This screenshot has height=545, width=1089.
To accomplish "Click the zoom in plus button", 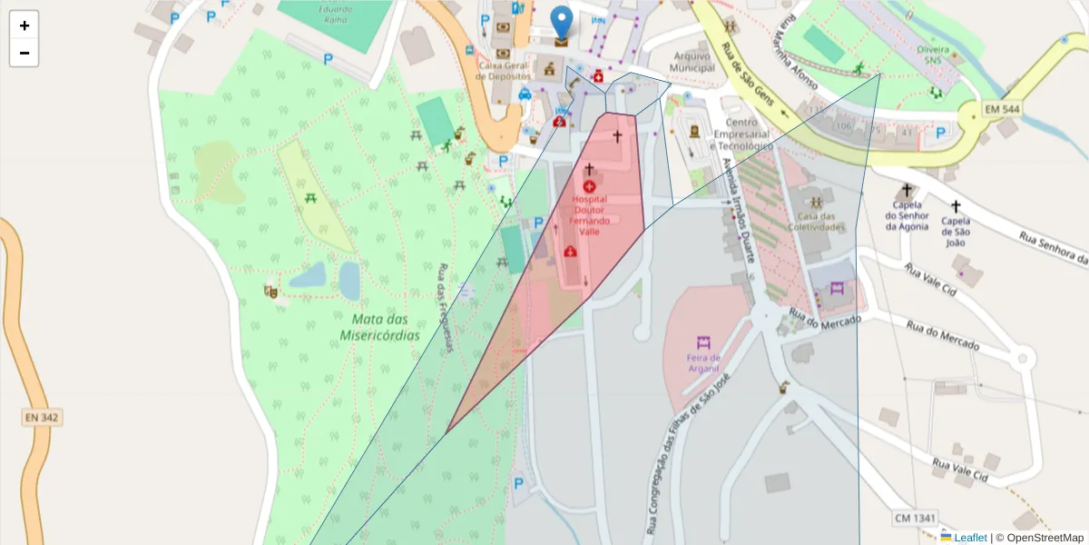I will [25, 25].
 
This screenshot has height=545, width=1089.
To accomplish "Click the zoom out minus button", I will [25, 53].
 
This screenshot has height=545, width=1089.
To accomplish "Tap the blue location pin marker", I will [563, 24].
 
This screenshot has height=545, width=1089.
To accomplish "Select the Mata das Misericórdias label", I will [380, 327].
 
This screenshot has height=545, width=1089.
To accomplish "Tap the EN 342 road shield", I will [43, 417].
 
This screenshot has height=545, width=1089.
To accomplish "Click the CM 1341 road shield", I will [915, 518].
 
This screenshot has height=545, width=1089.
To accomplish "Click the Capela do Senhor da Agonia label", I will [907, 221].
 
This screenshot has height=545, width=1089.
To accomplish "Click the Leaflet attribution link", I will [970, 537].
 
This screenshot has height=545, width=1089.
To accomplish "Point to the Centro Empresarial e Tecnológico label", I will [741, 134].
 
